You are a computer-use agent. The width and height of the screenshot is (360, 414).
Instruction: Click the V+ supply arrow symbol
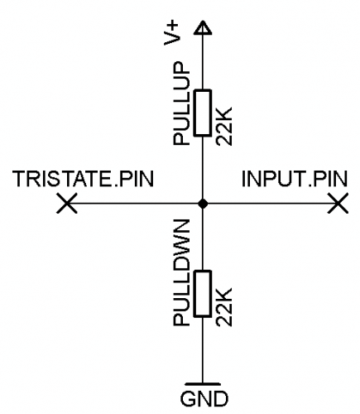[x=203, y=27]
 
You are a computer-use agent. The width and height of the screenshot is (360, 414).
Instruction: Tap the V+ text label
[x=171, y=33]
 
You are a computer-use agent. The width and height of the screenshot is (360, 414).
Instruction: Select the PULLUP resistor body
[x=203, y=113]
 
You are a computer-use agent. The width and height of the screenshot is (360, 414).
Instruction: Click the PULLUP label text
[x=181, y=103]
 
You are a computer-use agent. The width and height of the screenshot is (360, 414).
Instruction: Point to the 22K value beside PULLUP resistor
[x=223, y=126]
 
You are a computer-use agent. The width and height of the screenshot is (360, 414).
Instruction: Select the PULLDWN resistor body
[x=203, y=294]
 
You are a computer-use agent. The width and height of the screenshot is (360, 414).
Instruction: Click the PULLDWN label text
[x=181, y=272]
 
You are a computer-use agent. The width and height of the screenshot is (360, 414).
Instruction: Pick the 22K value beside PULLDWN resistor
[x=223, y=307]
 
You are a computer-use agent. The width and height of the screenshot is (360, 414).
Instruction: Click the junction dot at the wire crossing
[x=203, y=204]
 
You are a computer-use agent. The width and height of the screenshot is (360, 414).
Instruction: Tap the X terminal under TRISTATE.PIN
[x=67, y=204]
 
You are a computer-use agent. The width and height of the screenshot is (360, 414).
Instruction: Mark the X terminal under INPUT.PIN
[x=338, y=204]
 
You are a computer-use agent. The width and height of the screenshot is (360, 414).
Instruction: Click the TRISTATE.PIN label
[x=83, y=179]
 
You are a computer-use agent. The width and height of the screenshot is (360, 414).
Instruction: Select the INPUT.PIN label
[x=295, y=179]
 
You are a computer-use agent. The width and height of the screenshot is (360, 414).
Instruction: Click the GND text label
[x=204, y=399]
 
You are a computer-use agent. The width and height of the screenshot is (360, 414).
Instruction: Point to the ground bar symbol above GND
[x=203, y=384]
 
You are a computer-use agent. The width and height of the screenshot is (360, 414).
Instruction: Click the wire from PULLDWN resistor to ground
[x=203, y=349]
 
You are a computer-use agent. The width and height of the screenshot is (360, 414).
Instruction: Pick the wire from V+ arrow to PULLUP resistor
[x=203, y=62]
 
